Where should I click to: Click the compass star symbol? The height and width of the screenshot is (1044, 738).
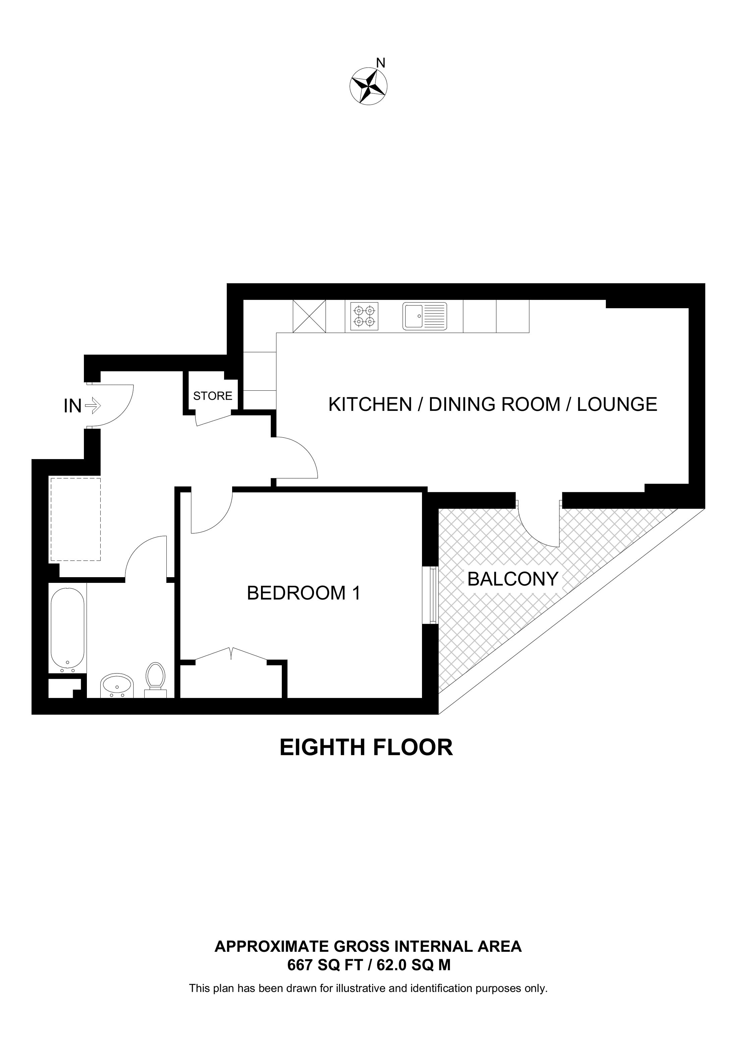(368, 87)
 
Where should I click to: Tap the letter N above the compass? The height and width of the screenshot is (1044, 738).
(381, 63)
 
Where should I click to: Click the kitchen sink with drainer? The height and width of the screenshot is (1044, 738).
(425, 316)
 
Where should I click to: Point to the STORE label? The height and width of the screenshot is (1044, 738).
(213, 396)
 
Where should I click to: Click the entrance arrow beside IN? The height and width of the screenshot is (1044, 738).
(93, 405)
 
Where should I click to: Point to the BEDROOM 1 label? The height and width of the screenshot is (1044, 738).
(304, 593)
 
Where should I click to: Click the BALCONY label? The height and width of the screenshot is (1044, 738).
(513, 579)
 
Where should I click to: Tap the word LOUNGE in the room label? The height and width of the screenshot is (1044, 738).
(617, 404)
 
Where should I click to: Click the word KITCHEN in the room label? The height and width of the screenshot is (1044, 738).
(370, 404)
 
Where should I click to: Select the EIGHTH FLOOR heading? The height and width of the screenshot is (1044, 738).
(367, 748)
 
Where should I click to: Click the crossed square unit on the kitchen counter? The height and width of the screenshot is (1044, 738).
(309, 316)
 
